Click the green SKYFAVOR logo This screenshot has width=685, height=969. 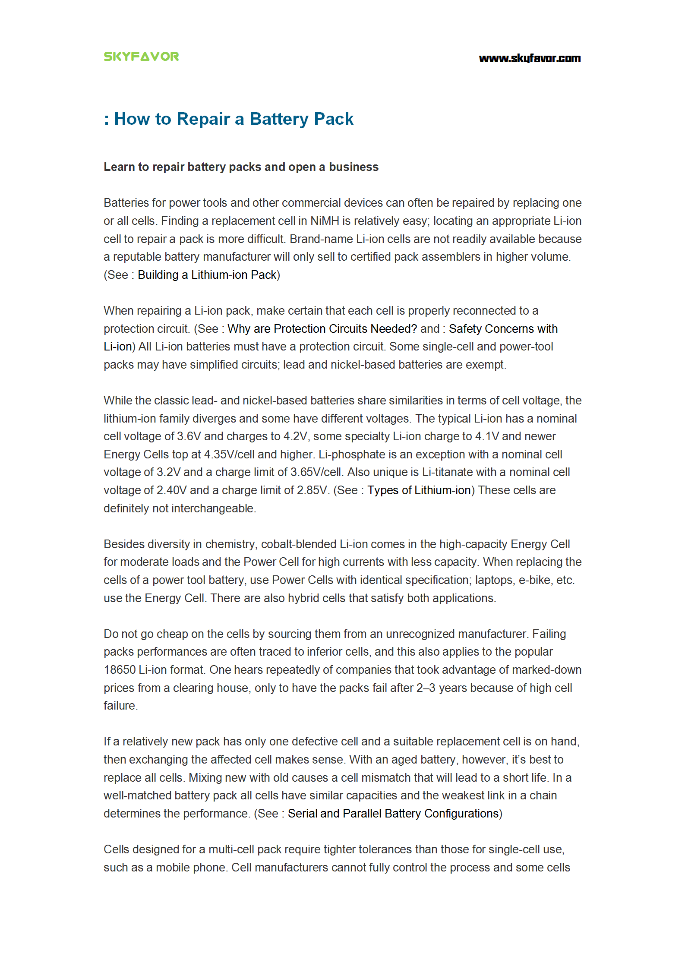[x=141, y=57]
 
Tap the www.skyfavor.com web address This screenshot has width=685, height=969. [x=530, y=58]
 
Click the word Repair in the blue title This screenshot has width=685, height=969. [x=203, y=119]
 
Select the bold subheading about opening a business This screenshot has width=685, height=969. [x=241, y=167]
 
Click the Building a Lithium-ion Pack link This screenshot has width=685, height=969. [x=207, y=275]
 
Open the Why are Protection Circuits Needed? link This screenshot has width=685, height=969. [x=322, y=329]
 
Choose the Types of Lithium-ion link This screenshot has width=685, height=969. [x=419, y=490]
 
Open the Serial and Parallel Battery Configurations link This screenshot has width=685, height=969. [x=393, y=814]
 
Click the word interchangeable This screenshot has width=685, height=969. [x=213, y=508]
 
